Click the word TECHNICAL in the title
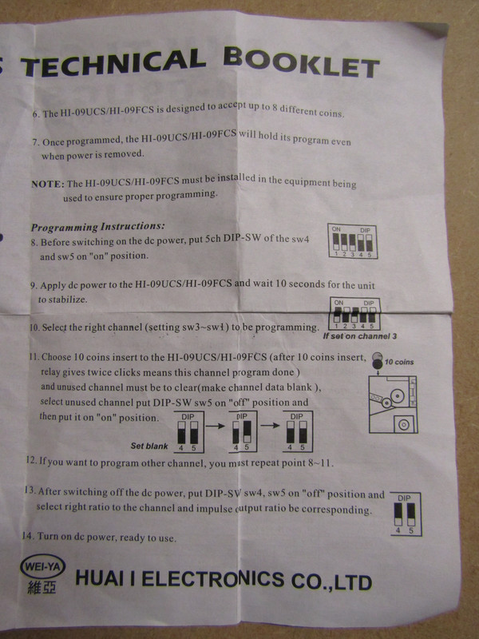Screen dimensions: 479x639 pos(113,63)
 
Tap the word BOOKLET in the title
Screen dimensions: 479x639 pos(302,62)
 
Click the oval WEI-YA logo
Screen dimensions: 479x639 pos(42,566)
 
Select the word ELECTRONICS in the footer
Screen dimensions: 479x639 pos(212,578)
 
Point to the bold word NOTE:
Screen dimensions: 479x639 pos(48,184)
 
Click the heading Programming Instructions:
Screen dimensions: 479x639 pos(98,227)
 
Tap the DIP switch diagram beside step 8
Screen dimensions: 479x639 pos(352,241)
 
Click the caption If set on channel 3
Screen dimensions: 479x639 pos(360,336)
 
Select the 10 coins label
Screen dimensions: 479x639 pos(398,362)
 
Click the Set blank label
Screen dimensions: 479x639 pos(149,446)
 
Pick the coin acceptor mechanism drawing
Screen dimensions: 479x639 pos(393,404)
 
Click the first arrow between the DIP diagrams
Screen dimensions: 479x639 pos(215,426)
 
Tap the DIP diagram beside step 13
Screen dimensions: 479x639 pos(406,514)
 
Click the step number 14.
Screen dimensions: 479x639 pos(28,535)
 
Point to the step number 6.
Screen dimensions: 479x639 pos(36,114)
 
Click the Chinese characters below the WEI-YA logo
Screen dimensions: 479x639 pos(42,587)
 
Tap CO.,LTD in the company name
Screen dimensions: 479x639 pos(331,581)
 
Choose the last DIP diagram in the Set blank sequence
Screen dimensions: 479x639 pos(298,431)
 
